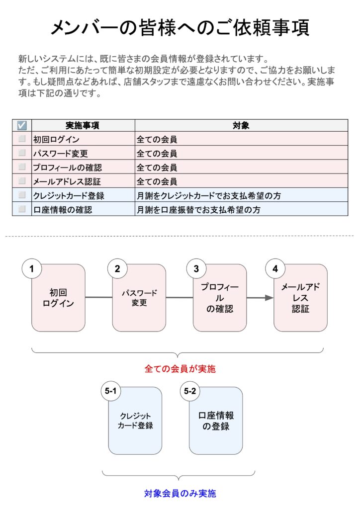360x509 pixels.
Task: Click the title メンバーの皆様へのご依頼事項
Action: pos(180,27)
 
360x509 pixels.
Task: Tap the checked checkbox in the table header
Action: pos(22,125)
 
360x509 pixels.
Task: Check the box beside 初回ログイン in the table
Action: pos(22,139)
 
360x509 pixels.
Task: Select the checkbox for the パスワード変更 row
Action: pos(22,153)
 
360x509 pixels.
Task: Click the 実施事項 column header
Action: pos(83,125)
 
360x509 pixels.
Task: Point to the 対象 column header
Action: pos(241,125)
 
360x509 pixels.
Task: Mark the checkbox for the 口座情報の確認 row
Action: pos(22,209)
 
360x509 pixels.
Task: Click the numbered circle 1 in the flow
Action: pos(32,269)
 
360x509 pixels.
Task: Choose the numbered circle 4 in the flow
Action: pos(275,269)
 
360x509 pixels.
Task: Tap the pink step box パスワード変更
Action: pos(139,298)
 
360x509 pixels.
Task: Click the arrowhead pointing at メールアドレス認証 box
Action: pos(269,298)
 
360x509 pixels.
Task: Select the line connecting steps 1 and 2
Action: pos(98,297)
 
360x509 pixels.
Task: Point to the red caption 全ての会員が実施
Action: pos(180,369)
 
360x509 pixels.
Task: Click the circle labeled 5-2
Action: pos(190,391)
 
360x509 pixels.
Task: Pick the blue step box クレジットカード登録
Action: pos(135,421)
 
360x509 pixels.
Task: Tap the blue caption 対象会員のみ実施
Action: pos(180,494)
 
